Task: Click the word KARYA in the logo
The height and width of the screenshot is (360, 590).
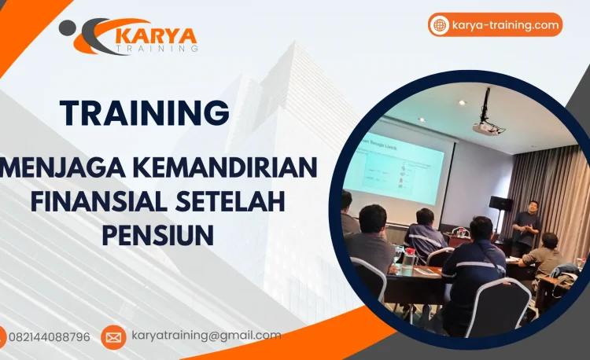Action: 156,35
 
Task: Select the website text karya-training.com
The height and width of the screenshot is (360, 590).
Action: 506,25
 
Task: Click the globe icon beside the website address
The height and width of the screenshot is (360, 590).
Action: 440,25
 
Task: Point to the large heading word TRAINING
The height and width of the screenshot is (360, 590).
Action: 145,112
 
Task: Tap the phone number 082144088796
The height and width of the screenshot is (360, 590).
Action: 49,337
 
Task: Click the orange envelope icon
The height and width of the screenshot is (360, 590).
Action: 113,337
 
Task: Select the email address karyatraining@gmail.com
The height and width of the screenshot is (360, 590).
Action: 206,336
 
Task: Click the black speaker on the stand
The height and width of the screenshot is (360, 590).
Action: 500,203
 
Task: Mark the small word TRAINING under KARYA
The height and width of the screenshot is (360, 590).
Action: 157,49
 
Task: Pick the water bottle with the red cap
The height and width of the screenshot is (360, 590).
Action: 409,256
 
